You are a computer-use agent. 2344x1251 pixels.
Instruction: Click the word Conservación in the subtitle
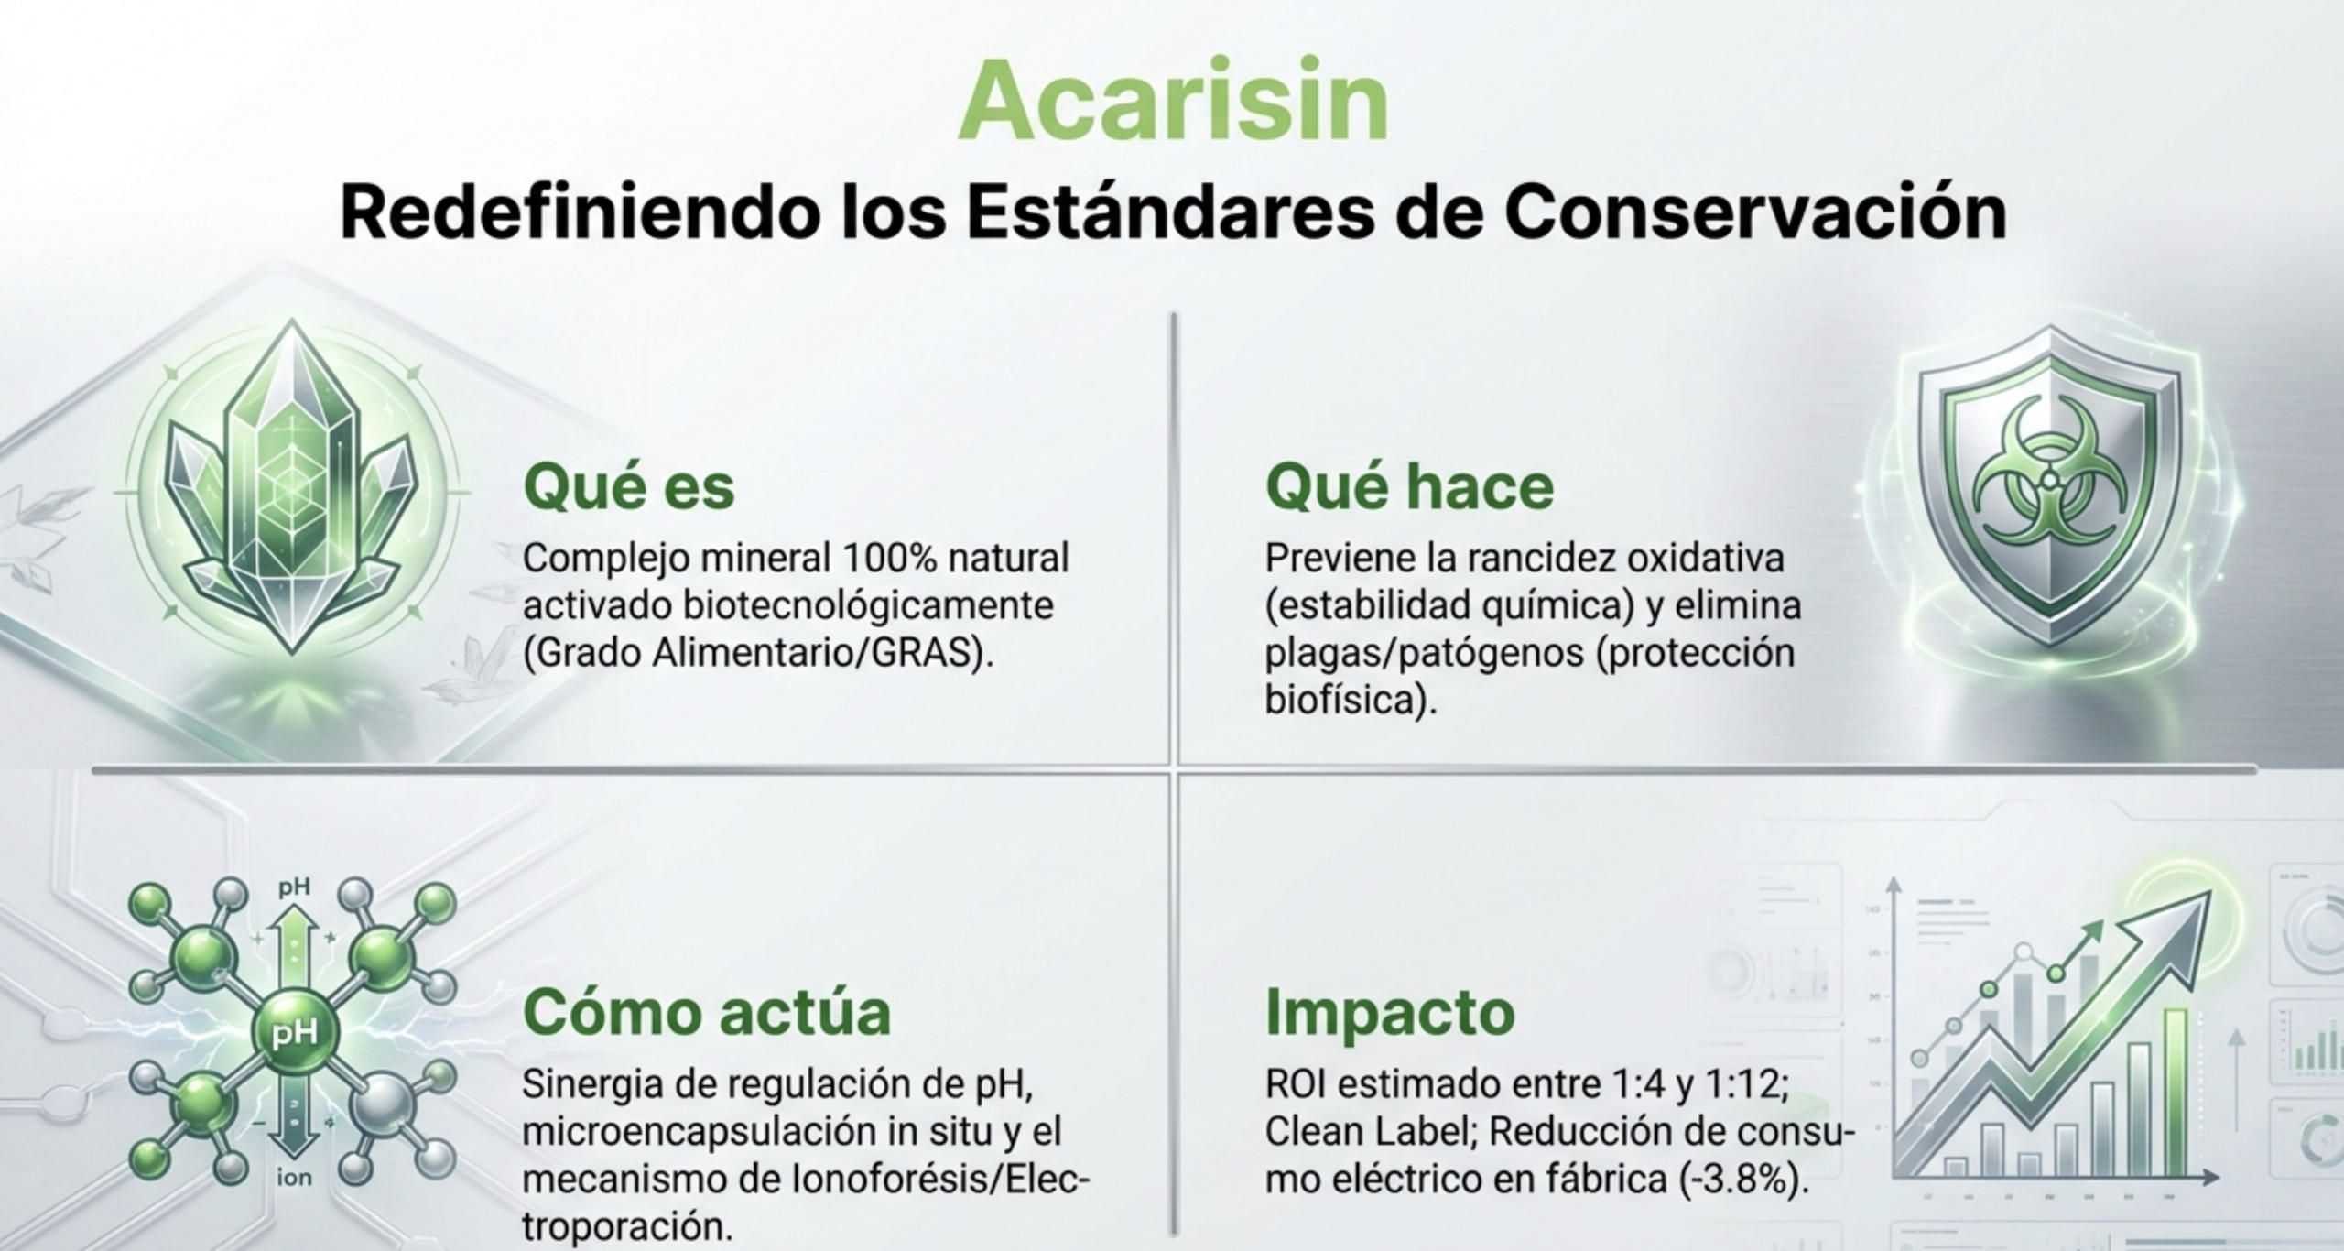1755,212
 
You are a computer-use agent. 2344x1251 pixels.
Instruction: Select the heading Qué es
628,485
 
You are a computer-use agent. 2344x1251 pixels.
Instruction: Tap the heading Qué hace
1409,485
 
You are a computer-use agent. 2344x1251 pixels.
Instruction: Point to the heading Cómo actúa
706,1012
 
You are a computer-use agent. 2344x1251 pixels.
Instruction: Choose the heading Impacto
1390,1013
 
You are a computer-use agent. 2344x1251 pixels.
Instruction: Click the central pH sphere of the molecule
295,1033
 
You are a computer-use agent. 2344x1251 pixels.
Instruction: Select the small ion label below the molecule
295,1178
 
